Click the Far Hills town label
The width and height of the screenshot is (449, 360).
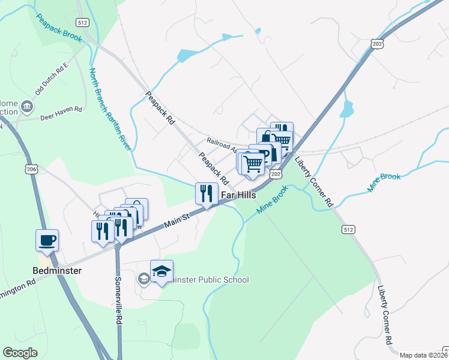[239, 195]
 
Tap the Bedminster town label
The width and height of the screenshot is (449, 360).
[58, 271]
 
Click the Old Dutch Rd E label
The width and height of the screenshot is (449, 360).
[52, 79]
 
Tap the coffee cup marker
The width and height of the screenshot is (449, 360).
[47, 240]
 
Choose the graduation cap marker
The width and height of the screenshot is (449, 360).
[161, 271]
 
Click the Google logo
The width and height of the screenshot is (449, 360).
[20, 353]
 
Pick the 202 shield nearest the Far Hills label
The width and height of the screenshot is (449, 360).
[276, 173]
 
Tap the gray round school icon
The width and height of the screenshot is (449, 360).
[143, 278]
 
